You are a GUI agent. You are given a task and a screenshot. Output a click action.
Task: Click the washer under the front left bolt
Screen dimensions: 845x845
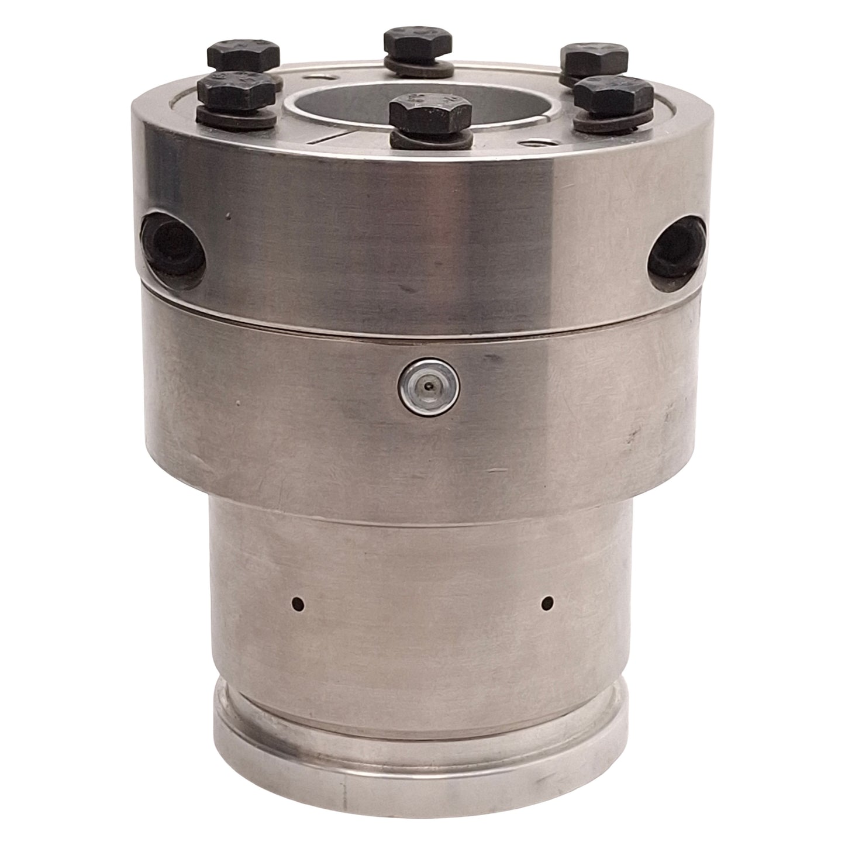[237, 119]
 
